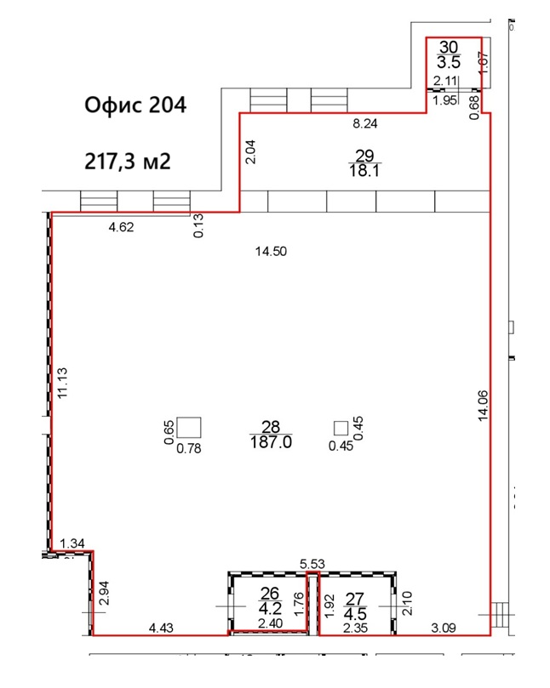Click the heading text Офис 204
(x=135, y=105)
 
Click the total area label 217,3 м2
(x=128, y=162)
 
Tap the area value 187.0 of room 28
(x=271, y=442)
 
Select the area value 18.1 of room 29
(x=364, y=170)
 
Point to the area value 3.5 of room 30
(x=449, y=62)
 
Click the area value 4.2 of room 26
(x=270, y=608)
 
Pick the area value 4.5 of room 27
(x=355, y=613)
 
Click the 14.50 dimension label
(x=271, y=252)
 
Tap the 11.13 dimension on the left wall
(x=62, y=383)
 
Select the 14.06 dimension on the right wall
(x=484, y=406)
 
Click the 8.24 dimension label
(x=365, y=123)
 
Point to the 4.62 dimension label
(x=121, y=227)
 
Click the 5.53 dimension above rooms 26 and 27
(x=312, y=564)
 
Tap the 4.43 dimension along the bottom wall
(x=161, y=628)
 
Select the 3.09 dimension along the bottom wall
(x=444, y=628)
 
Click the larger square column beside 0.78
(x=189, y=428)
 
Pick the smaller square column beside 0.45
(x=341, y=428)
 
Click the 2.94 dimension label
(x=103, y=593)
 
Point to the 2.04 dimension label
(x=250, y=152)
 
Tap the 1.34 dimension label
(x=72, y=543)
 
